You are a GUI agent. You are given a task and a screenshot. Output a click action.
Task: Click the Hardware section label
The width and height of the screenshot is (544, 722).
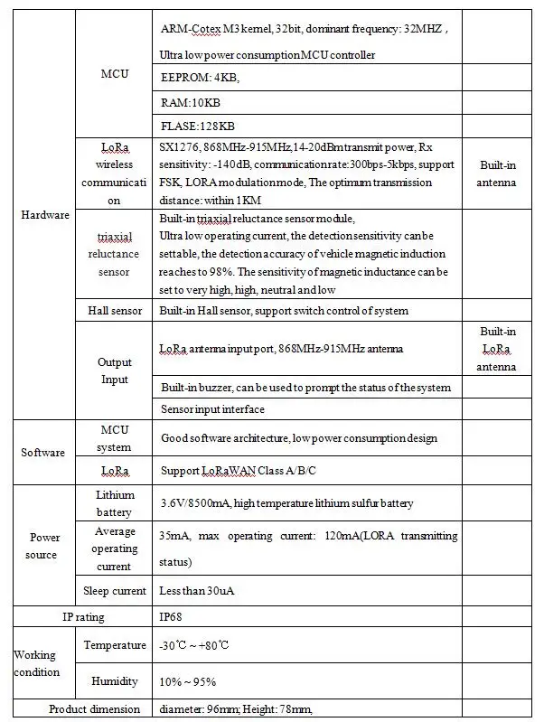coord(44,215)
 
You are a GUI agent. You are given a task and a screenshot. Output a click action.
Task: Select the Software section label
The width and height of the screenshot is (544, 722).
coord(42,452)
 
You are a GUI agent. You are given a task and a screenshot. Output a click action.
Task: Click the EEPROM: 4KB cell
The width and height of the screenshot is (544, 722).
coord(200,79)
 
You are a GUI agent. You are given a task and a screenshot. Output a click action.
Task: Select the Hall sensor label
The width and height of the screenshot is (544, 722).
coord(115,311)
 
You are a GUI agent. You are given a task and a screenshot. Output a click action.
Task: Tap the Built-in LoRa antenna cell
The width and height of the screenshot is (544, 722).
coord(498,350)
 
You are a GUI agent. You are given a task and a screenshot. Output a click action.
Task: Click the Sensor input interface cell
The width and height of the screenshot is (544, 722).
coord(212,409)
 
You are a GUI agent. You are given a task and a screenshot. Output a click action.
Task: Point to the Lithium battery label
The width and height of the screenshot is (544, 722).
coord(115,503)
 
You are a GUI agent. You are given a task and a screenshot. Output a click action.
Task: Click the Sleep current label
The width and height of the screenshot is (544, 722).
coord(115,591)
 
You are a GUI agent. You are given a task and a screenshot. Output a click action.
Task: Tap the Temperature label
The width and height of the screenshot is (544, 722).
coord(115,645)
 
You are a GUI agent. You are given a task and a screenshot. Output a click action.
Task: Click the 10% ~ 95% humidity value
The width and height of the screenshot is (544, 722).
coord(188,680)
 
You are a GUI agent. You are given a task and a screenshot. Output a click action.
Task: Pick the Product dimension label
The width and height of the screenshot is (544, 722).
coord(94,708)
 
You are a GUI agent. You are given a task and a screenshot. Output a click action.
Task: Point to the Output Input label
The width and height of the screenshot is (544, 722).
coord(115,370)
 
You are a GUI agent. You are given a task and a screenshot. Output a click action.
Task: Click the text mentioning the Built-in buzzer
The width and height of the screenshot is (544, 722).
coord(305,388)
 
